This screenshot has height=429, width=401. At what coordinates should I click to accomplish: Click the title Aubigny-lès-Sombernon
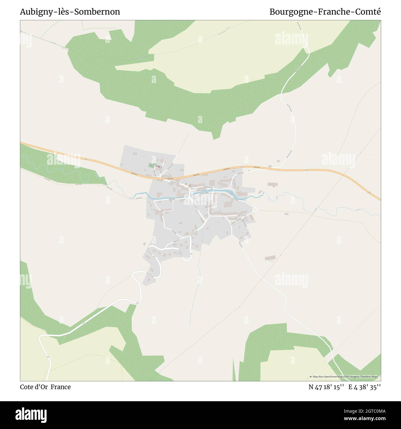coord(70,12)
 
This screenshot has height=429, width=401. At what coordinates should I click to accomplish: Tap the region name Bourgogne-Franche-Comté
coord(325,12)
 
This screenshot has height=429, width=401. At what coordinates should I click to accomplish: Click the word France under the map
coord(61,387)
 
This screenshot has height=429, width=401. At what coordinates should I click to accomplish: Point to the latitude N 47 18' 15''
coord(326,387)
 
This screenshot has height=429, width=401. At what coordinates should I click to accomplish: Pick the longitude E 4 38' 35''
coord(365,387)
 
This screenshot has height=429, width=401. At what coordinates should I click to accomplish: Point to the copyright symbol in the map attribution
coord(311,377)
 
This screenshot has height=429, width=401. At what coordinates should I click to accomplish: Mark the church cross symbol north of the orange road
coord(159,167)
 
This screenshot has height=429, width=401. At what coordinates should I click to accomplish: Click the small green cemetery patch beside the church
coord(151,165)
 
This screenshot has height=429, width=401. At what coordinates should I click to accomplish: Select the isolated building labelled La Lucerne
coord(270,258)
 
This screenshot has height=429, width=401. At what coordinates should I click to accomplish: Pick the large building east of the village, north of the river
coord(273,185)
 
